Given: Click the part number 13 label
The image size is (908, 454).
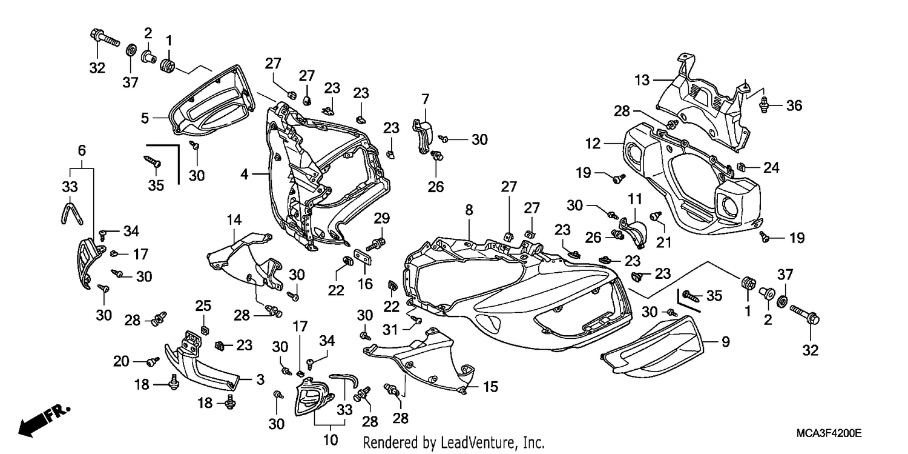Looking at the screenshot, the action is pyautogui.click(x=642, y=81).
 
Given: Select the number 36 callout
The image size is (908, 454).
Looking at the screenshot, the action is pyautogui.click(x=794, y=105).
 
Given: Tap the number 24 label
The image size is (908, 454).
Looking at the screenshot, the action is pyautogui.click(x=771, y=167).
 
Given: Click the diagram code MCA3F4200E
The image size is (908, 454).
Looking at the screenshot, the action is pyautogui.click(x=829, y=433).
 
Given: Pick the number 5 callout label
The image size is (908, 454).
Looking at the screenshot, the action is pyautogui.click(x=145, y=118).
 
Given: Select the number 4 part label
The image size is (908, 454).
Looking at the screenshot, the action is pyautogui.click(x=244, y=175).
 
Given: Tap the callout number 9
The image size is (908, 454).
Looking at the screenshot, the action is pyautogui.click(x=726, y=342).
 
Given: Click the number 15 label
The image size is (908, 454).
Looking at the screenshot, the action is pyautogui.click(x=490, y=387).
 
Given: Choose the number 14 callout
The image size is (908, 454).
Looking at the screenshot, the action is pyautogui.click(x=234, y=220).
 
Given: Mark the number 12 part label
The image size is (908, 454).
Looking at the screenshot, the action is pyautogui.click(x=593, y=143).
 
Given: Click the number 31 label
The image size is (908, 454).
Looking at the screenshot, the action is pyautogui.click(x=390, y=330).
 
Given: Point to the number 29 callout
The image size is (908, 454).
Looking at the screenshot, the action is pyautogui.click(x=381, y=218).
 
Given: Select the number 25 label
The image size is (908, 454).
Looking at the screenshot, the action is pyautogui.click(x=203, y=305).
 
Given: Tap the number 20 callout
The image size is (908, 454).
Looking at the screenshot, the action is pyautogui.click(x=121, y=361).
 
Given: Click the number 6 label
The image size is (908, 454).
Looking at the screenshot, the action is pyautogui.click(x=82, y=150).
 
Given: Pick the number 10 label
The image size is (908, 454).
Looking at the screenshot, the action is pyautogui.click(x=331, y=439).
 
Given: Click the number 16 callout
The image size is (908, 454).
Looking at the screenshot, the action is pyautogui.click(x=365, y=284).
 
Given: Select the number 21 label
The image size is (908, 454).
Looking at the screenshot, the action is pyautogui.click(x=663, y=242).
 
